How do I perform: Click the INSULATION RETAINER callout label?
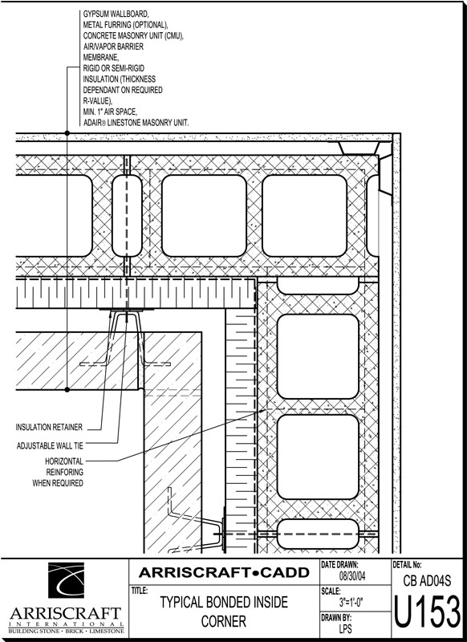pyautogui.click(x=49, y=427)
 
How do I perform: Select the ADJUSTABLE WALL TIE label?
pyautogui.click(x=50, y=445)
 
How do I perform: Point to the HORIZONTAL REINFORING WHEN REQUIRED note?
pyautogui.click(x=58, y=472)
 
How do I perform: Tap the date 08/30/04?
pyautogui.click(x=352, y=576)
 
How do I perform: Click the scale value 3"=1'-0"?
pyautogui.click(x=351, y=603)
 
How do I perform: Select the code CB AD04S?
pyautogui.click(x=427, y=580)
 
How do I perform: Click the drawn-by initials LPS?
pyautogui.click(x=346, y=628)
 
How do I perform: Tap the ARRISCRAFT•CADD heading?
pyautogui.click(x=224, y=572)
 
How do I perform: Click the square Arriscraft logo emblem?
pyautogui.click(x=67, y=580)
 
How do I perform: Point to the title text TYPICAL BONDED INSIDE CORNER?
pyautogui.click(x=224, y=612)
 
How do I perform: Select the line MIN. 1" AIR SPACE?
pyautogui.click(x=110, y=112)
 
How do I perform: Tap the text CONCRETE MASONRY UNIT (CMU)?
pyautogui.click(x=133, y=35)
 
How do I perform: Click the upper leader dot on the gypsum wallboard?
pyautogui.click(x=67, y=133)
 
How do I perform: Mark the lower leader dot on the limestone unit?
pyautogui.click(x=67, y=390)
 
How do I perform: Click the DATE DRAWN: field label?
pyautogui.click(x=339, y=565)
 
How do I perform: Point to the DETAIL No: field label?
pyautogui.click(x=408, y=565)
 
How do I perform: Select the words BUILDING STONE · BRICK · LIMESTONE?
pyautogui.click(x=66, y=631)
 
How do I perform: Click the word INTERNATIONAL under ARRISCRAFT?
pyautogui.click(x=66, y=624)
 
